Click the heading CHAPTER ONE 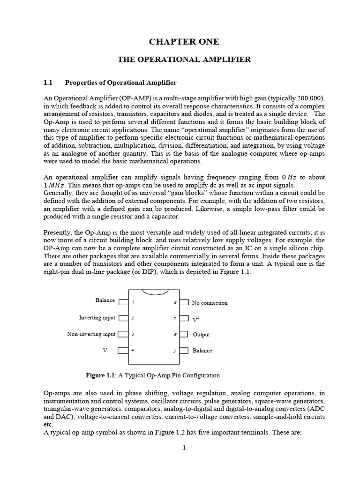coord(184,42)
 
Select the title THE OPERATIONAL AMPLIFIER coord(184,60)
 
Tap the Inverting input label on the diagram coord(97,318)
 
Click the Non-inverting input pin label coord(91,334)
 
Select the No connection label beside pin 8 coord(210,303)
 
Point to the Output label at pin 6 coord(201,335)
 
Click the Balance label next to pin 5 coord(202,351)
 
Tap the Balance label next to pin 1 coord(105,300)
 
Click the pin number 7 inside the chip coord(174,318)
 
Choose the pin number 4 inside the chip coord(133,350)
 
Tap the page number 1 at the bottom coord(184,448)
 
